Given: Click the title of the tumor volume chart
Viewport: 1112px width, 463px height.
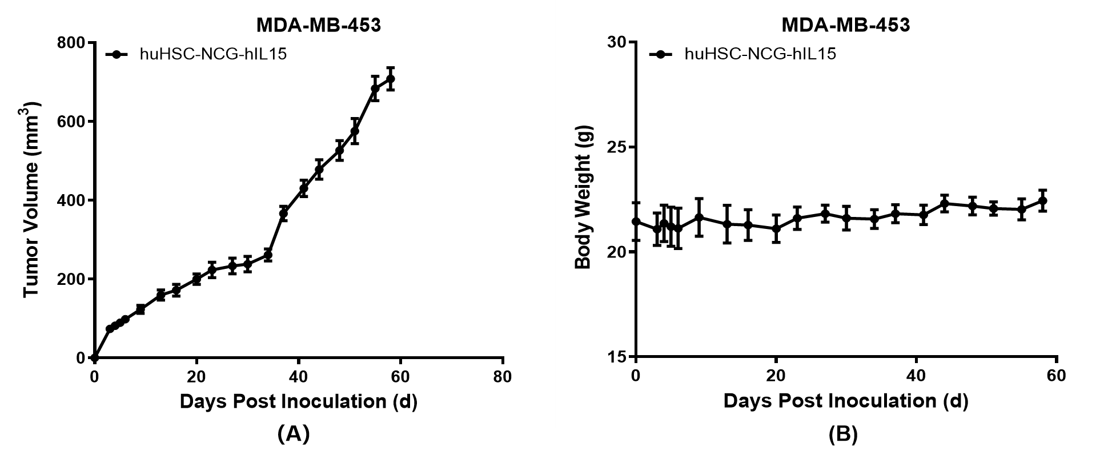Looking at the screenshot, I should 318,25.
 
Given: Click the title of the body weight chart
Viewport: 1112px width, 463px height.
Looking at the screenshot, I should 845,25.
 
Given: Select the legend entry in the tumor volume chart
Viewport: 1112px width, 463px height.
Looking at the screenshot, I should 212,55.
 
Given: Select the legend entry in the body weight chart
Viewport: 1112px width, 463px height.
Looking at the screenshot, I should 760,54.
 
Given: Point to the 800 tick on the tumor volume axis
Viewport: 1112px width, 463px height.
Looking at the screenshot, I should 72,43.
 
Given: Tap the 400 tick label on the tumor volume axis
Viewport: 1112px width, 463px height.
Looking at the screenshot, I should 72,201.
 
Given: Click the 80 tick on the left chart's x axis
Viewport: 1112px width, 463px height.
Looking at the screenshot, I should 503,377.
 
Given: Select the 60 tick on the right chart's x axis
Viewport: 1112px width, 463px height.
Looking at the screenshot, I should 1057,376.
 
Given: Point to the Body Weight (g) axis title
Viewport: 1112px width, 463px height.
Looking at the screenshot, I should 583,197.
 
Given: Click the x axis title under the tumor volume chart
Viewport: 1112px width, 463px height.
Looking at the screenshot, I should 298,401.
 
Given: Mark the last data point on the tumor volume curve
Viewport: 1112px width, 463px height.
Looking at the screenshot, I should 391,79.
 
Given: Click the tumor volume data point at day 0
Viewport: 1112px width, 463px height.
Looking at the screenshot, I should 95,358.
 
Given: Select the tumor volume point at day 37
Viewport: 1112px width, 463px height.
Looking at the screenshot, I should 283,213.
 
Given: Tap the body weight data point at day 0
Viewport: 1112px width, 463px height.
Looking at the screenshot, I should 636,222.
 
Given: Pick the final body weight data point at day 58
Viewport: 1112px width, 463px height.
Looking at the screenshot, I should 1042,200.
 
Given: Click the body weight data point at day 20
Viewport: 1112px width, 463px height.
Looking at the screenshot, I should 776,228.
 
